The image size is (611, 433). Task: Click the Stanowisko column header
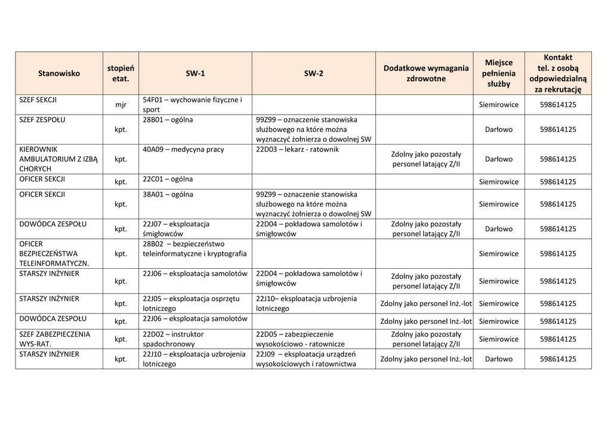tap(58, 73)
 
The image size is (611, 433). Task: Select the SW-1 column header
tap(195, 73)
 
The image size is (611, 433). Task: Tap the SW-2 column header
tap(313, 73)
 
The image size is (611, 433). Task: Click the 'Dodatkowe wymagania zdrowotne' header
tap(425, 73)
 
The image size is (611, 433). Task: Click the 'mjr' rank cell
tap(121, 105)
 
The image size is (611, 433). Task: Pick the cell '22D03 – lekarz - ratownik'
tap(297, 149)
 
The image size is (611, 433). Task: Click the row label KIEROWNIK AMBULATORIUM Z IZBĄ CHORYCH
tap(58, 159)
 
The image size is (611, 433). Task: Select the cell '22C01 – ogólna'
tap(168, 179)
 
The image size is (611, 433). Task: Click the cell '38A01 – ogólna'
tap(168, 194)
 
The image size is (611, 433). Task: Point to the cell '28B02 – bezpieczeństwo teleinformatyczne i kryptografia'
tap(195, 248)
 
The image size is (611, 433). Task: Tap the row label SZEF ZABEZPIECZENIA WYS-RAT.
tap(55, 339)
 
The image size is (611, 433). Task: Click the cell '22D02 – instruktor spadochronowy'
tap(173, 339)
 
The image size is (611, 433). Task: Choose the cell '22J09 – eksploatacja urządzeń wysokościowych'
tap(305, 359)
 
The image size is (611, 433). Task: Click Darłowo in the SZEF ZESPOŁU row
tap(499, 130)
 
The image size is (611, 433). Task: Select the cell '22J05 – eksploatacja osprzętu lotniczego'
tap(191, 303)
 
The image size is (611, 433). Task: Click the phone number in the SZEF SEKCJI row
tap(558, 105)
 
